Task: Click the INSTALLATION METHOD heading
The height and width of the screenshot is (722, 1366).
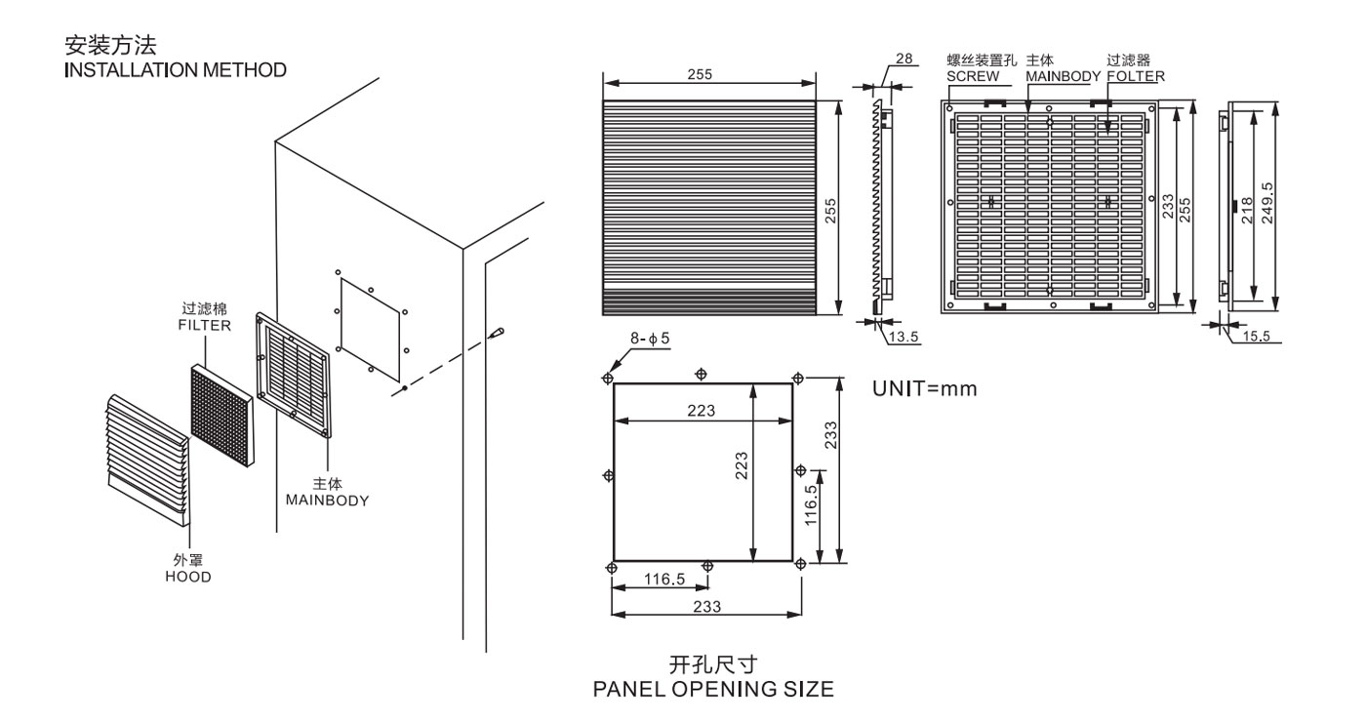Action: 176,70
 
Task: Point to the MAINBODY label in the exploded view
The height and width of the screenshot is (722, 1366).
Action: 327,500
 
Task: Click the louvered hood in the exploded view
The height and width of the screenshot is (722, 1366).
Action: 146,455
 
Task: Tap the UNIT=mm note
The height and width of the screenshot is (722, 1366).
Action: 924,389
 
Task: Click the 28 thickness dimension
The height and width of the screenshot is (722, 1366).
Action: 904,60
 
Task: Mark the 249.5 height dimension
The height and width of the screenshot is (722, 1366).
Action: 1266,203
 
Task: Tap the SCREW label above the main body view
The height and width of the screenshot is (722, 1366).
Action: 972,75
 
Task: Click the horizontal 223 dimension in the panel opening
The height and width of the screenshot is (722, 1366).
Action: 700,410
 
